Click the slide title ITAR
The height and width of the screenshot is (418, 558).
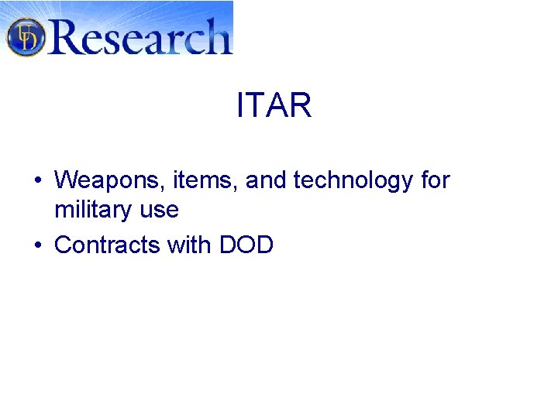pyautogui.click(x=274, y=105)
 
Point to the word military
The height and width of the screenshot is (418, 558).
pyautogui.click(x=87, y=210)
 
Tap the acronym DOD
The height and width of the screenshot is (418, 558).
pyautogui.click(x=246, y=245)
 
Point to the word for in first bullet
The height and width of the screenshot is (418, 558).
pyautogui.click(x=435, y=181)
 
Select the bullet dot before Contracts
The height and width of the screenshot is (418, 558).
pyautogui.click(x=38, y=246)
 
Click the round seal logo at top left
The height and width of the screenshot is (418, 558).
pyautogui.click(x=26, y=36)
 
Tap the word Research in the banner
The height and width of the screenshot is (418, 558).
pyautogui.click(x=139, y=36)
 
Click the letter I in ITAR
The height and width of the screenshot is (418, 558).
pyautogui.click(x=240, y=105)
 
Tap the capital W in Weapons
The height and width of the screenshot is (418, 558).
pyautogui.click(x=66, y=181)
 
